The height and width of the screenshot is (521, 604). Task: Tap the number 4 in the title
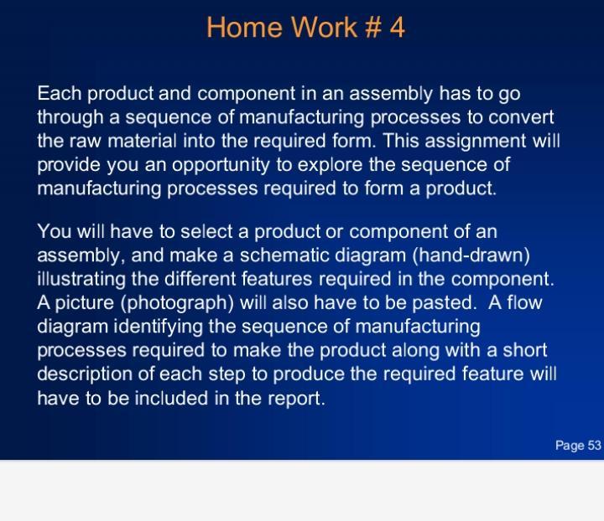[397, 28]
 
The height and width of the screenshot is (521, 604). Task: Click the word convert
[521, 116]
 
